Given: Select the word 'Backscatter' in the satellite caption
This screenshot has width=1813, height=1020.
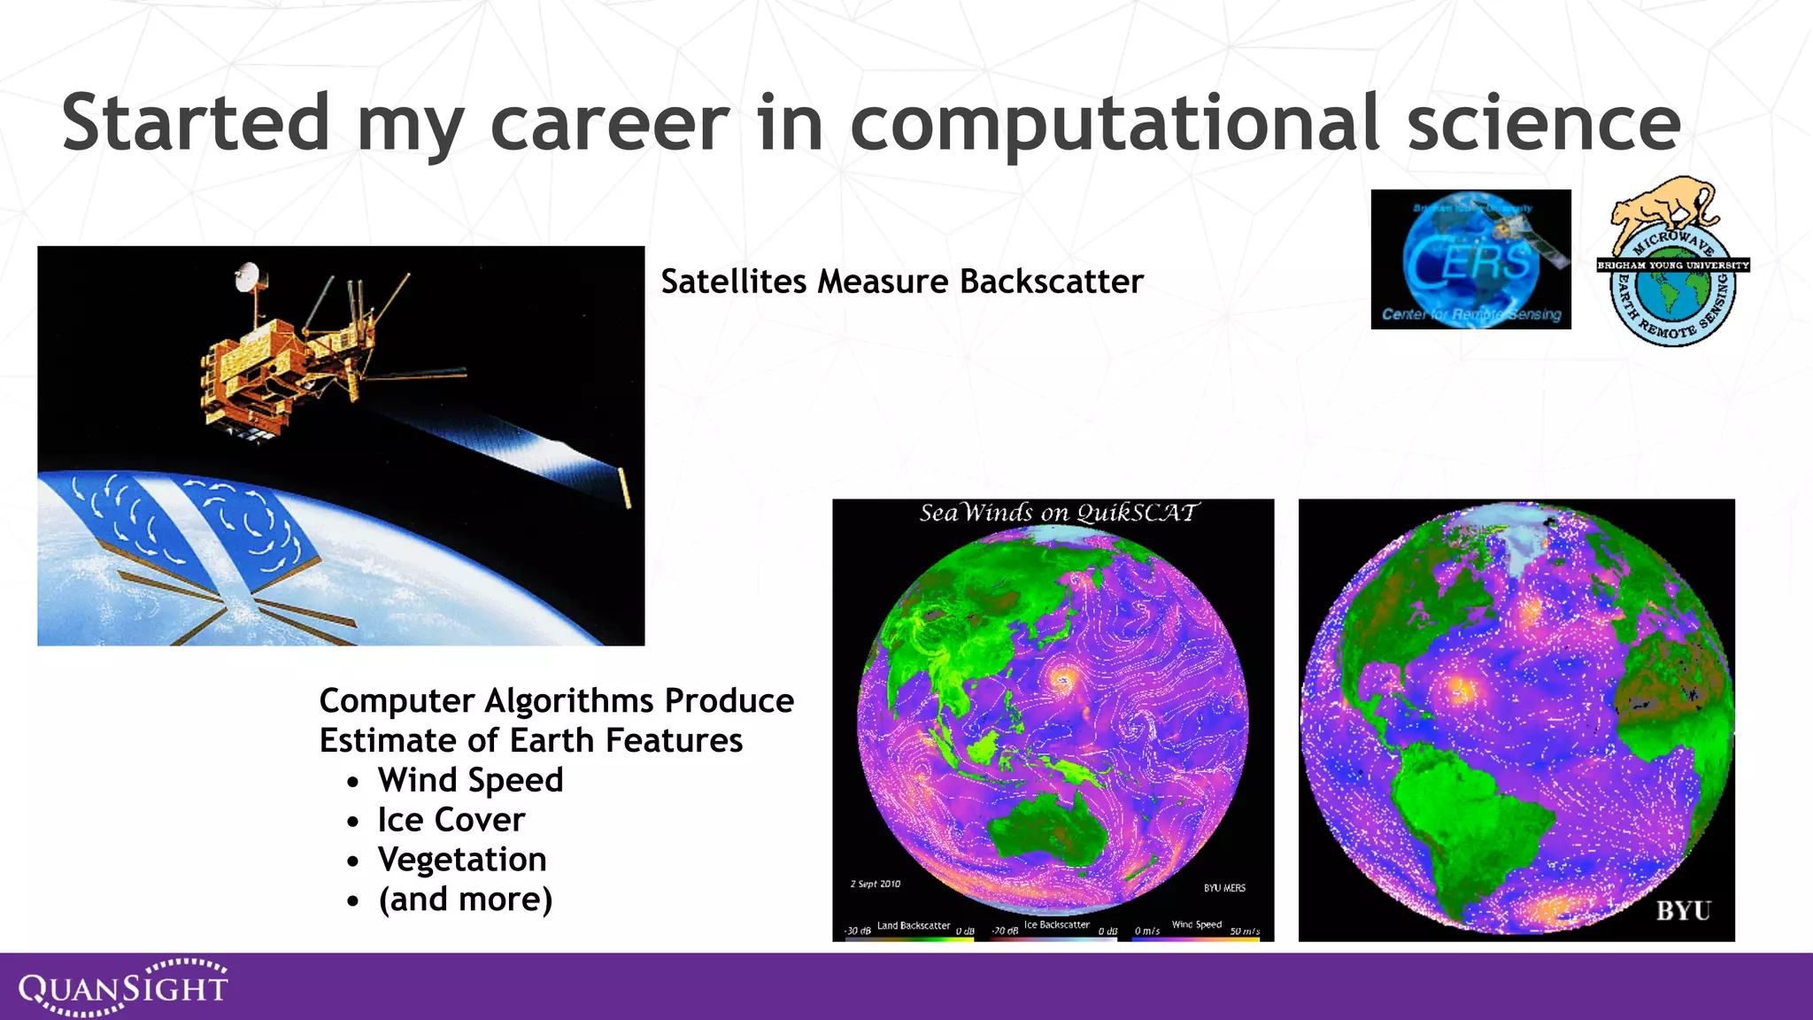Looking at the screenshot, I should [x=1051, y=282].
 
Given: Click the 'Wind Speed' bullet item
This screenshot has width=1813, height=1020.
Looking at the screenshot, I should [x=470, y=780].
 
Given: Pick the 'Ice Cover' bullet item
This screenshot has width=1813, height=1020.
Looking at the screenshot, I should [x=451, y=820].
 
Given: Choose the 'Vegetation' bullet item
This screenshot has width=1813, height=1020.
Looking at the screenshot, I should [x=461, y=860].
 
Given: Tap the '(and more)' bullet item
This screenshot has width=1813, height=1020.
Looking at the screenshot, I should [x=465, y=900].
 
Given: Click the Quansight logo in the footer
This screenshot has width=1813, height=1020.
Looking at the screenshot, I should [x=124, y=986].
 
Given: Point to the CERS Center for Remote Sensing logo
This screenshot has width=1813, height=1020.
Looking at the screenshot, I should [x=1470, y=259].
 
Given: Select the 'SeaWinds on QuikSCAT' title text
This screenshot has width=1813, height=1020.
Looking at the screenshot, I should [x=1058, y=513].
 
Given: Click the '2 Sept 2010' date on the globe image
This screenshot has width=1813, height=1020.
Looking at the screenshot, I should [x=875, y=884].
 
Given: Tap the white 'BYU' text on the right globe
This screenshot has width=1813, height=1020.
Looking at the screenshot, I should [x=1683, y=911].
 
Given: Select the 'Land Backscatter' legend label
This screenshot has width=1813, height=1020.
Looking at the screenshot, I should [x=913, y=925].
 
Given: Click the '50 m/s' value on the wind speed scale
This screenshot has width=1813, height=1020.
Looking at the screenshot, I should [x=1244, y=931].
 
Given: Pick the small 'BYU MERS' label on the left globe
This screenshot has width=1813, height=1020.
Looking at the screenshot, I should [x=1223, y=888].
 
